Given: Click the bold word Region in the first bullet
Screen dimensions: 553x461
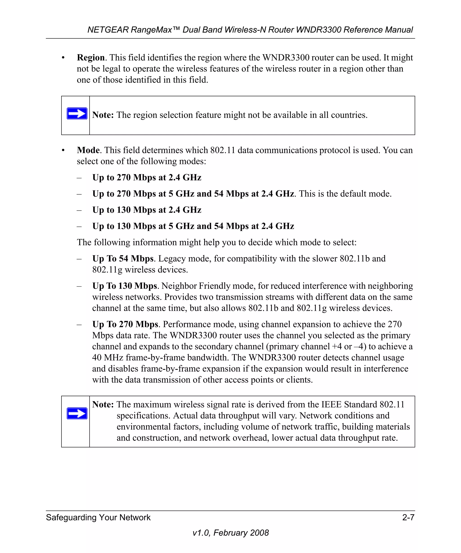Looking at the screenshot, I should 91,58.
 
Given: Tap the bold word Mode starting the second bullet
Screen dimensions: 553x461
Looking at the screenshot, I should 88,150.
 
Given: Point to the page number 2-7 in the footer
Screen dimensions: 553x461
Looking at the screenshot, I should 408,517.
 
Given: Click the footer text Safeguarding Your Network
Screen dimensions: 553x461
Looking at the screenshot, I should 98,517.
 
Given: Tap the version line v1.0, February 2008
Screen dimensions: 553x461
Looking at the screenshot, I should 230,533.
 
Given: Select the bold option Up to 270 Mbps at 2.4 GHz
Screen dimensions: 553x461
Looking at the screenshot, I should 147,178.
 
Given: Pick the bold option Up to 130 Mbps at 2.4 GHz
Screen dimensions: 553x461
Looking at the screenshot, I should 147,210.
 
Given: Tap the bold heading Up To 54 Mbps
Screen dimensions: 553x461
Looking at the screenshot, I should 123,259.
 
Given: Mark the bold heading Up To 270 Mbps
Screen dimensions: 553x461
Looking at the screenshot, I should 125,324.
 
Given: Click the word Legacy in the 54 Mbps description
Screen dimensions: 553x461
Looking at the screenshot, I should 171,259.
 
